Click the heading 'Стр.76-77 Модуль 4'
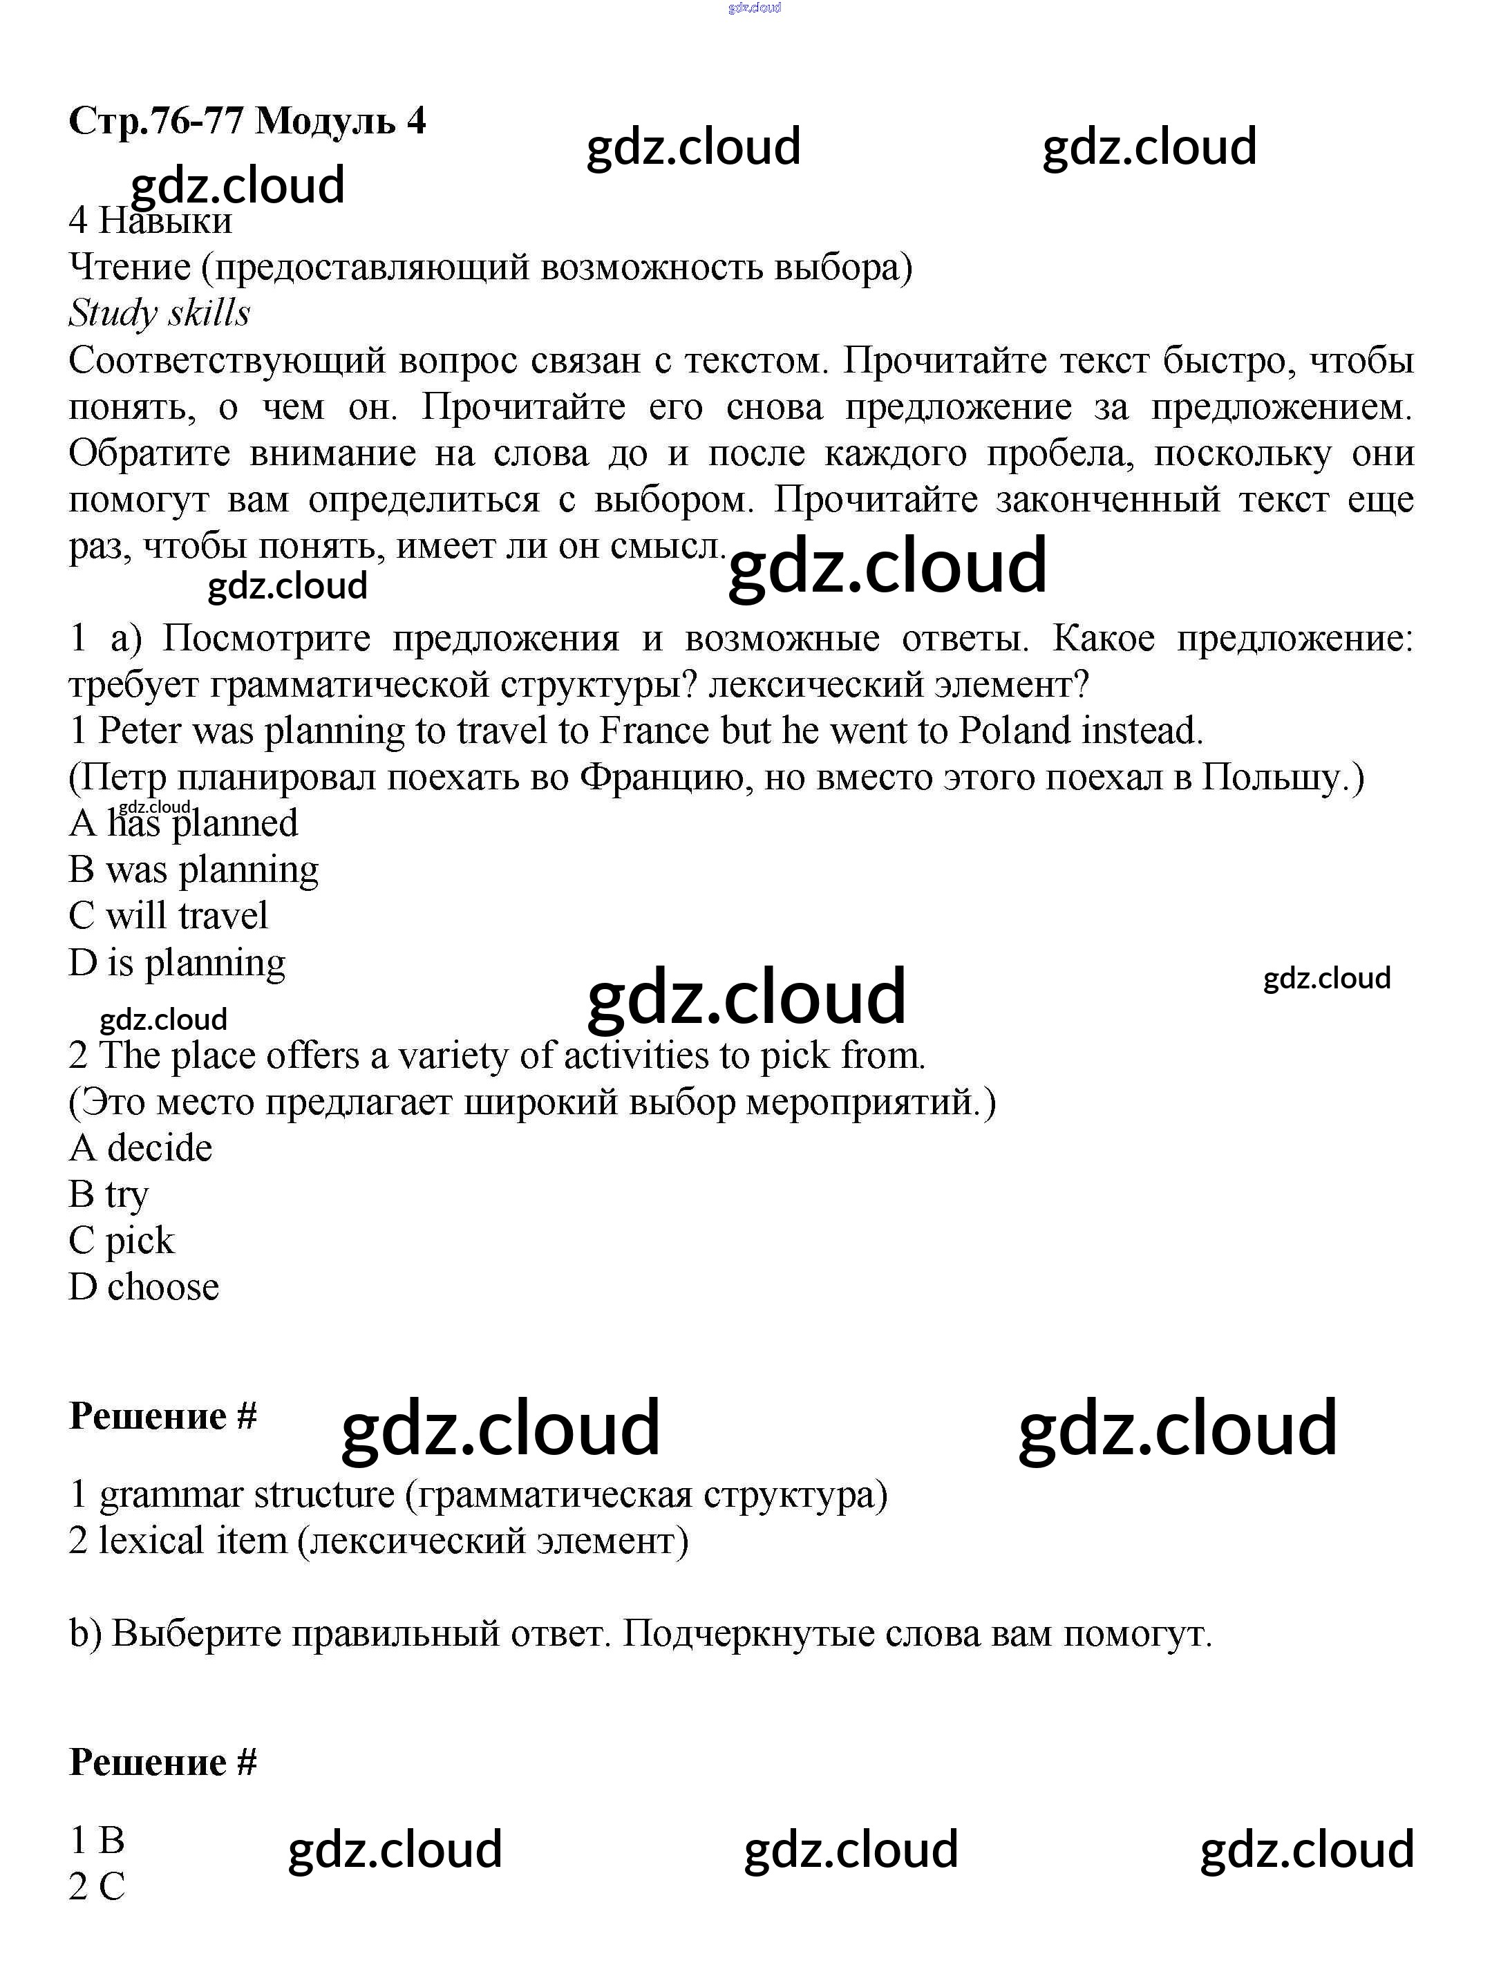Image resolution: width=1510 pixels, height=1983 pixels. click(247, 120)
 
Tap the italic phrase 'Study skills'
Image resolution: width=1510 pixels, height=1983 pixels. click(159, 313)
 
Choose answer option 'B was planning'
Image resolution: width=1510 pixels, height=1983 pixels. click(194, 870)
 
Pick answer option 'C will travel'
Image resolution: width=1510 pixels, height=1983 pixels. click(168, 916)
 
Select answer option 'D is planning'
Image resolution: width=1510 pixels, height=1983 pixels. click(177, 963)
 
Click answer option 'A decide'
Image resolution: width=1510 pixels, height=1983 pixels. click(140, 1148)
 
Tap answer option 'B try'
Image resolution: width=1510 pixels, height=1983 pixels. click(108, 1194)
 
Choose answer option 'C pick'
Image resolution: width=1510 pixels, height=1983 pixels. click(122, 1241)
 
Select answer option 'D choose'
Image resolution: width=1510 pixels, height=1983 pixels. click(144, 1287)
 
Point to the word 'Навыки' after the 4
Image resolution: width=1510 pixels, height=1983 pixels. click(165, 221)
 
